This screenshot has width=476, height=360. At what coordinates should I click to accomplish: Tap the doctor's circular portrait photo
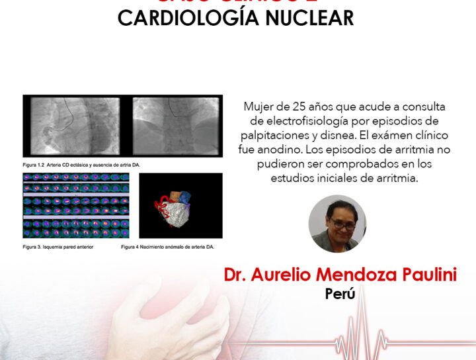click(x=337, y=223)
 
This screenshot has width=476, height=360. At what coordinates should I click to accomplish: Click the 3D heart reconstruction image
click(x=180, y=206)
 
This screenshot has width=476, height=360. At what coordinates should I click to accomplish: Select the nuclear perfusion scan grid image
click(x=76, y=206)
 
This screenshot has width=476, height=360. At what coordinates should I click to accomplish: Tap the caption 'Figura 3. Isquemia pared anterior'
click(x=58, y=247)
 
